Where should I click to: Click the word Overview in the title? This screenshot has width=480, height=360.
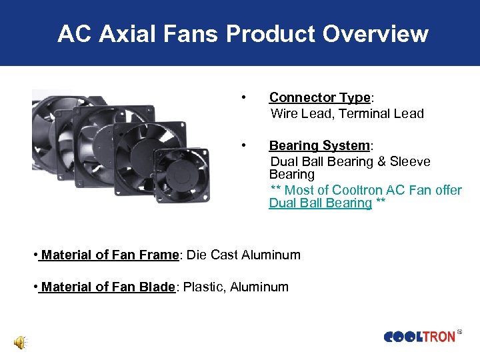pyautogui.click(x=377, y=33)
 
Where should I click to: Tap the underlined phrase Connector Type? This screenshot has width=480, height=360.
pyautogui.click(x=319, y=98)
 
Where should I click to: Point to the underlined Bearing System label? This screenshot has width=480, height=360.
pyautogui.click(x=319, y=146)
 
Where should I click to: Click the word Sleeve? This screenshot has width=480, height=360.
pyautogui.click(x=410, y=162)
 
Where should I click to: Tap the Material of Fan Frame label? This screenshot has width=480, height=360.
pyautogui.click(x=110, y=255)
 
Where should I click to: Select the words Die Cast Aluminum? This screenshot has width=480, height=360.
pyautogui.click(x=243, y=255)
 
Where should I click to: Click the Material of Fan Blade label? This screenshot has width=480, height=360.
pyautogui.click(x=107, y=287)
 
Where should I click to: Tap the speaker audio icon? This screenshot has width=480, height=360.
pyautogui.click(x=21, y=343)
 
